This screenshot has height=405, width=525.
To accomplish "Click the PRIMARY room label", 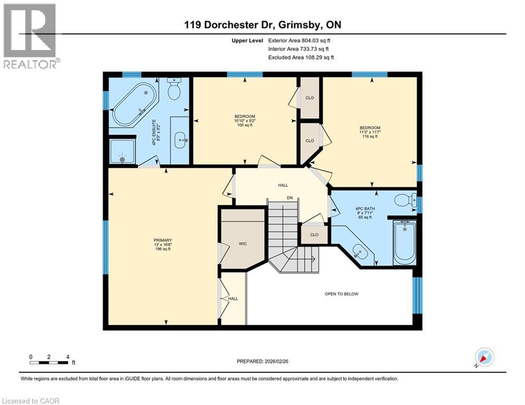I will [x=163, y=246].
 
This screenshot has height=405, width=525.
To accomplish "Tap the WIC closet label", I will [x=243, y=244].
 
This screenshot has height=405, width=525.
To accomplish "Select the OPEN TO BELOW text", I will [x=341, y=294].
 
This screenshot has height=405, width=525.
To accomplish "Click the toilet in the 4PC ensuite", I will [x=174, y=90].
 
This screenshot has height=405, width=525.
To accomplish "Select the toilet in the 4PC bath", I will [x=407, y=200].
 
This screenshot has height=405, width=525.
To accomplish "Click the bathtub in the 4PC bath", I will [x=405, y=241].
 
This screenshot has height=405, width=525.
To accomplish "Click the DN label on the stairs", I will [x=290, y=198].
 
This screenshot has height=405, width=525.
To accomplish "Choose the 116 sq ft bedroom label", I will [x=370, y=132].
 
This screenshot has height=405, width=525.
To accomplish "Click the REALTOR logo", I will [x=31, y=36].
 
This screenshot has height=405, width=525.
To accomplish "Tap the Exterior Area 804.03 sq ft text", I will [x=300, y=41].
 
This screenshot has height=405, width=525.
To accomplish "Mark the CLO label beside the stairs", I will [x=314, y=235].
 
